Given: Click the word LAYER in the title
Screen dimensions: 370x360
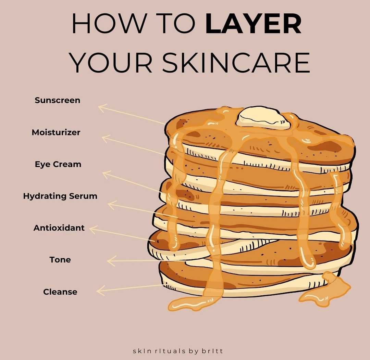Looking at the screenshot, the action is coord(254,24).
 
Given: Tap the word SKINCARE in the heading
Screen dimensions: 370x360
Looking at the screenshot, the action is coord(236,63).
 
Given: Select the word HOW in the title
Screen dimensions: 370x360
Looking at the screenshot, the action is coord(109,24).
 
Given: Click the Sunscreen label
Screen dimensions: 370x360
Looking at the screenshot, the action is coord(57,100).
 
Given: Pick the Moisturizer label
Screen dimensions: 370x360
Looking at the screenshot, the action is coord(56,132).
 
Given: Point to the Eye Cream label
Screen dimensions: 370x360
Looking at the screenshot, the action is coord(58,164).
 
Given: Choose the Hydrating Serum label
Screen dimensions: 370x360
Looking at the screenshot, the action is coord(60,196).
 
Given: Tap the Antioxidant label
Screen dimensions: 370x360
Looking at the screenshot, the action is coord(59,228).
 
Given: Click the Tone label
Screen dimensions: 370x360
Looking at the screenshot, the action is coord(60,260).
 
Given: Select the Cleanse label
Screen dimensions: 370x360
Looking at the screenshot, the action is coord(60,292).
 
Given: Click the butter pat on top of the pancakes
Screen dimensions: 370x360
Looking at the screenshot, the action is coord(263,118).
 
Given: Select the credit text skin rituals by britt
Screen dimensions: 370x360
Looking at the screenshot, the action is coord(178,351).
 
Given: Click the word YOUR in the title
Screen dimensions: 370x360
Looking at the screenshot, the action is coord(111,63).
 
